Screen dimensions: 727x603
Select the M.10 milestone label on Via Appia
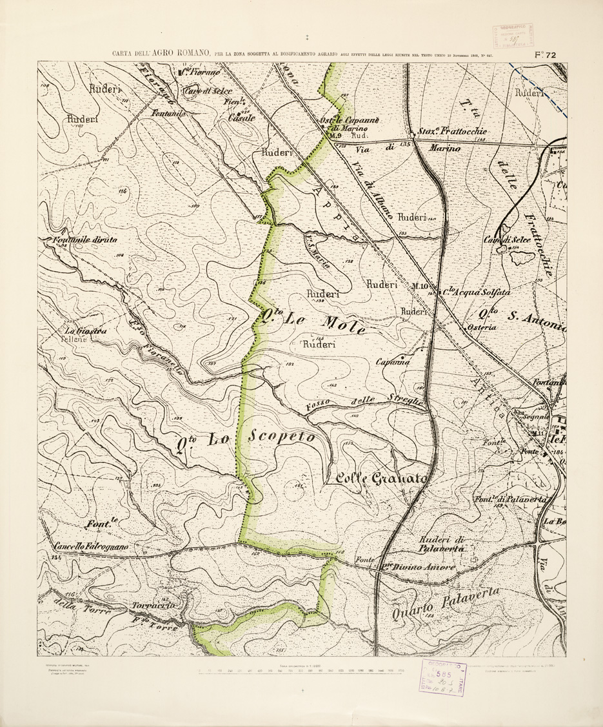pyautogui.click(x=420, y=286)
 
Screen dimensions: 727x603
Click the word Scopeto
pyautogui.click(x=279, y=438)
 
